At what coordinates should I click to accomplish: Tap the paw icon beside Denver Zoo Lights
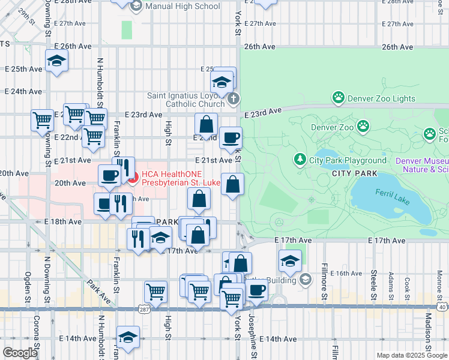tap(339, 97)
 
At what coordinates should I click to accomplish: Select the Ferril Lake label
tap(393, 197)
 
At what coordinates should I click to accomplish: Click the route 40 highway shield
tap(442, 307)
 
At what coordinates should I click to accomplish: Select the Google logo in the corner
tap(20, 353)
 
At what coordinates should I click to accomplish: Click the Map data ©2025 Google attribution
tap(411, 355)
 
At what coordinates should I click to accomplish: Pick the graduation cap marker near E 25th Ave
tap(56, 61)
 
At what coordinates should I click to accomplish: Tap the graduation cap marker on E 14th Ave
tap(128, 338)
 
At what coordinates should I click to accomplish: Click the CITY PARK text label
tap(354, 173)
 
